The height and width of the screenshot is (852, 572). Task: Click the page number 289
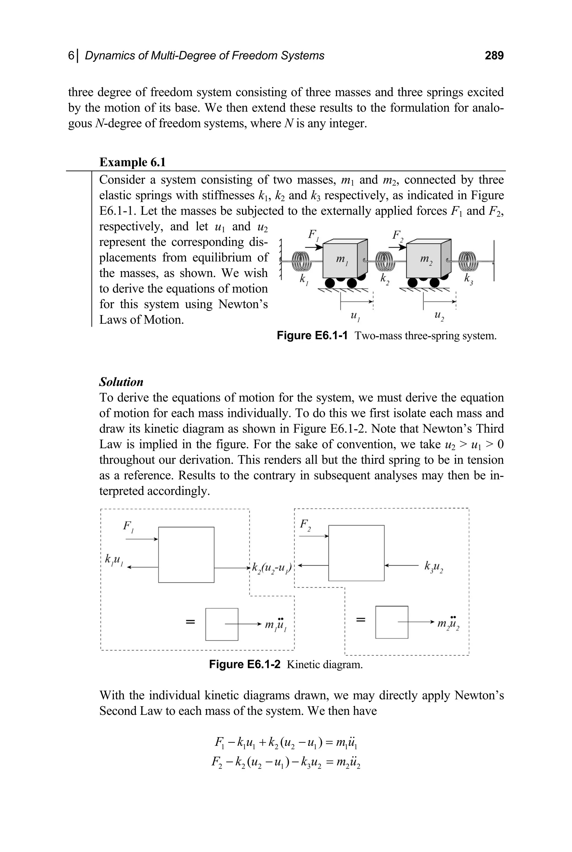click(494, 56)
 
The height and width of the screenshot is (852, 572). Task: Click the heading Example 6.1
click(132, 162)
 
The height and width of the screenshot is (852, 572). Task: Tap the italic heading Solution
click(121, 382)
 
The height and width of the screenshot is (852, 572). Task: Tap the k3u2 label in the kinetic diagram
click(433, 567)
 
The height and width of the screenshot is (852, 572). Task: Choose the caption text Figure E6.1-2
click(244, 664)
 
